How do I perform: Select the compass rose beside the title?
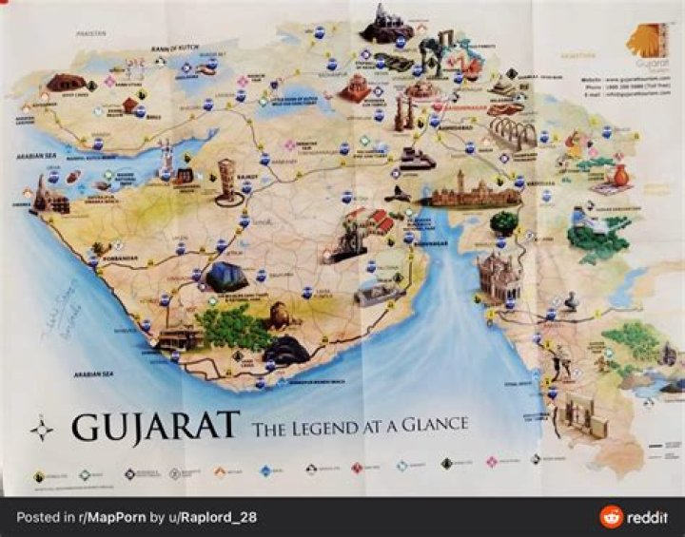42,429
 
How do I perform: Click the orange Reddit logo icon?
611,517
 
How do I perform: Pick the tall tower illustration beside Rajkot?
228,181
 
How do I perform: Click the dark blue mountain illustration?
226,277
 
